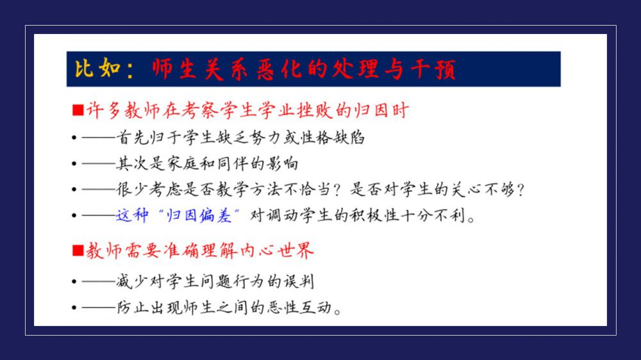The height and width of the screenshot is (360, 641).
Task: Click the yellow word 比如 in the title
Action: [x=97, y=68]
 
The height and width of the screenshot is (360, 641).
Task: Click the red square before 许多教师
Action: [x=78, y=110]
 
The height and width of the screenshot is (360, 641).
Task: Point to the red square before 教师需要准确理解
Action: [x=78, y=250]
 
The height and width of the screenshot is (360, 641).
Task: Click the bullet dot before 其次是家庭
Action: [x=74, y=163]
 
